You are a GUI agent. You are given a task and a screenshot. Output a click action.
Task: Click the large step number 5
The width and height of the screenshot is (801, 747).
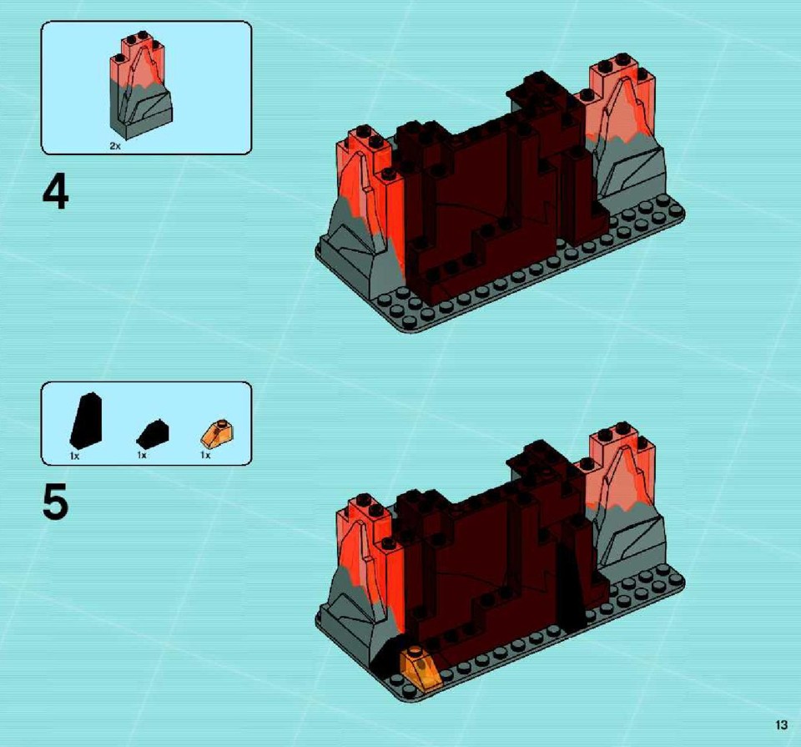coord(55,502)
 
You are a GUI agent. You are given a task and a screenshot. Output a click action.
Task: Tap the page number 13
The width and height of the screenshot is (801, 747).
coord(781,725)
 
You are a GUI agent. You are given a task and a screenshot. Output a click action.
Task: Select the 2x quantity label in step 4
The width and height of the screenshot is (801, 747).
coord(115,146)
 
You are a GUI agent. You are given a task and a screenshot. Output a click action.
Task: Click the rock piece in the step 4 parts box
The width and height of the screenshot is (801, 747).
coord(140,87)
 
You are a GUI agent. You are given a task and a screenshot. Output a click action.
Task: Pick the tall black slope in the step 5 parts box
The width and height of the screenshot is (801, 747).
coord(86,420)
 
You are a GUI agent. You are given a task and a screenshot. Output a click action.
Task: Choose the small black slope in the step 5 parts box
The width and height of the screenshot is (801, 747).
coord(152,434)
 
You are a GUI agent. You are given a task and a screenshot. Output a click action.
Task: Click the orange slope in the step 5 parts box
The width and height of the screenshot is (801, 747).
coord(218,434)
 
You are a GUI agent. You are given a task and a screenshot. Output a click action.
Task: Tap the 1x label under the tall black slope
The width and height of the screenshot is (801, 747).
coord(74,456)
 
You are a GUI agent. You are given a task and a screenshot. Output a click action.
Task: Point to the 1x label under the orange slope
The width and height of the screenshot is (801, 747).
coord(205,455)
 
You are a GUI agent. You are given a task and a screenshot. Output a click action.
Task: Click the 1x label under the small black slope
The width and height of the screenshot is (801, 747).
coord(142,455)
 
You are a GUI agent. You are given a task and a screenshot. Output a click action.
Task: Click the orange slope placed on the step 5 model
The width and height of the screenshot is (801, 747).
coord(421,668)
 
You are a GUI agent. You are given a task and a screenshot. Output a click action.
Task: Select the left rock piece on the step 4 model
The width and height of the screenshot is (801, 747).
coord(360,215)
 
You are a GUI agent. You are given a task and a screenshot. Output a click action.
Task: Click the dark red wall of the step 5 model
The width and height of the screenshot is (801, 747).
coord(491,568)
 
